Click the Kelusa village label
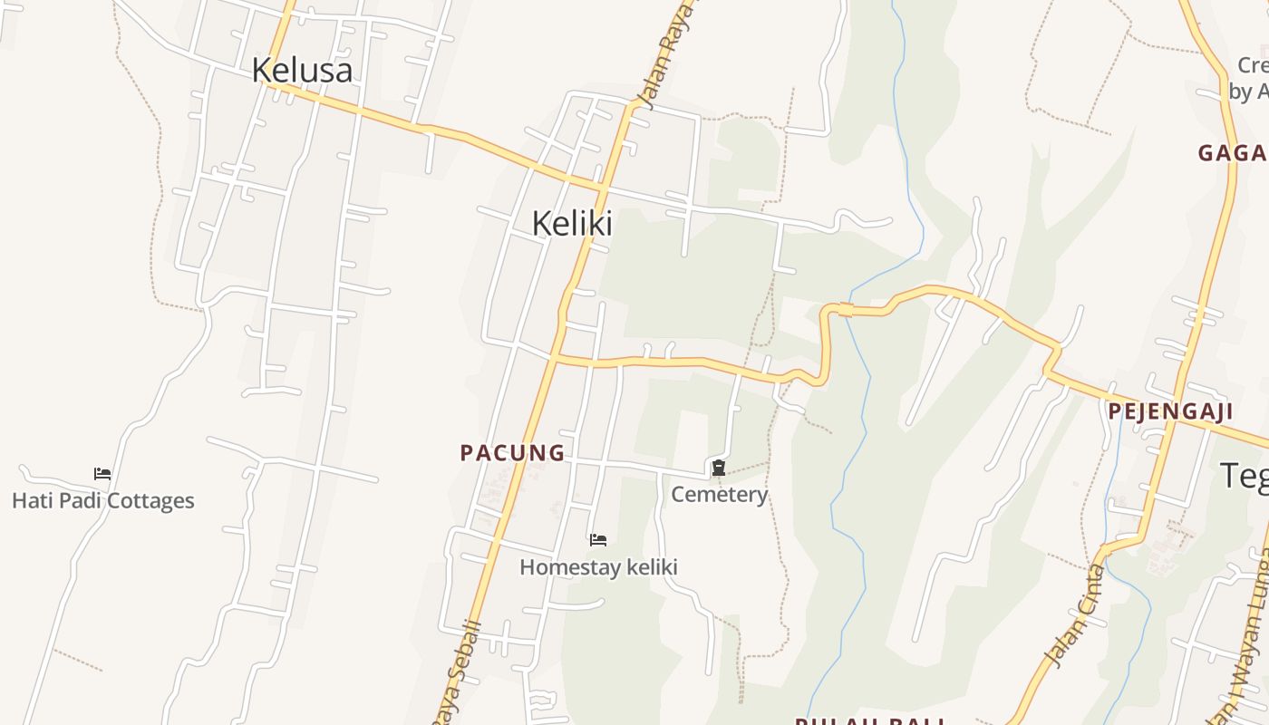pos(302,70)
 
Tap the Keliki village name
pos(572,223)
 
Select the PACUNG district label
pos(512,452)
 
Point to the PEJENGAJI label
pos(1170,411)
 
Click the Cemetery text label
pos(719,495)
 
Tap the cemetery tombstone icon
pos(719,468)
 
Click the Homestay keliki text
pos(598,567)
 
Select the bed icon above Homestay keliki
pos(598,540)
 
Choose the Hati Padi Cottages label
pos(102,500)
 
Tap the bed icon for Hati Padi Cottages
pos(102,473)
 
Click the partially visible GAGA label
pos(1232,152)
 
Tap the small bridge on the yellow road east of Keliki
pos(845,310)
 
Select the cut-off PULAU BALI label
pos(870,720)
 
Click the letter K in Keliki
pos(541,223)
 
